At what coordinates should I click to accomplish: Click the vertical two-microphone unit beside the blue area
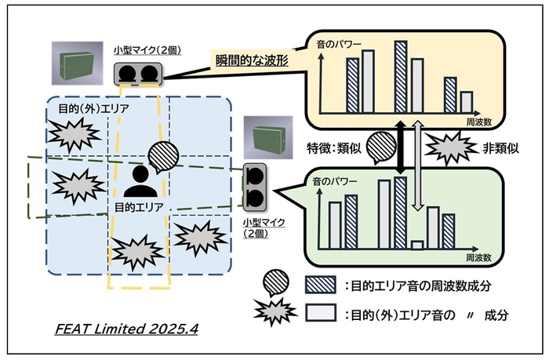[255, 186]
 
